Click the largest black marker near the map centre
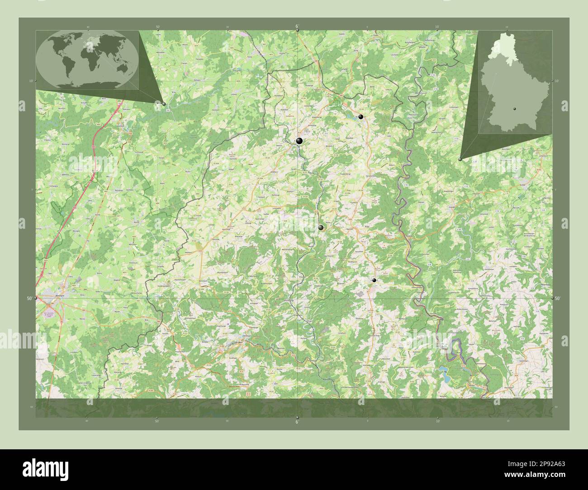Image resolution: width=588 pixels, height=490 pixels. [x=299, y=141]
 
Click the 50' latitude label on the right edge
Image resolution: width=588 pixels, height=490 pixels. [x=558, y=298]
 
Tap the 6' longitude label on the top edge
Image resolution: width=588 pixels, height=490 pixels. [x=297, y=26]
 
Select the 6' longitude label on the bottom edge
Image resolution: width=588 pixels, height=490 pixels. [x=297, y=422]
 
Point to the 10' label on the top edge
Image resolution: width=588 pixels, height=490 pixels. [x=437, y=27]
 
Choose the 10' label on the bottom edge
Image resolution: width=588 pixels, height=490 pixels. [x=437, y=421]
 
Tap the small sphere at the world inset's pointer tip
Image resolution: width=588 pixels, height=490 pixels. [x=164, y=104]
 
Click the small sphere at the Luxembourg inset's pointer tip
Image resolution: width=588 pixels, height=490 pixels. [x=460, y=159]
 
